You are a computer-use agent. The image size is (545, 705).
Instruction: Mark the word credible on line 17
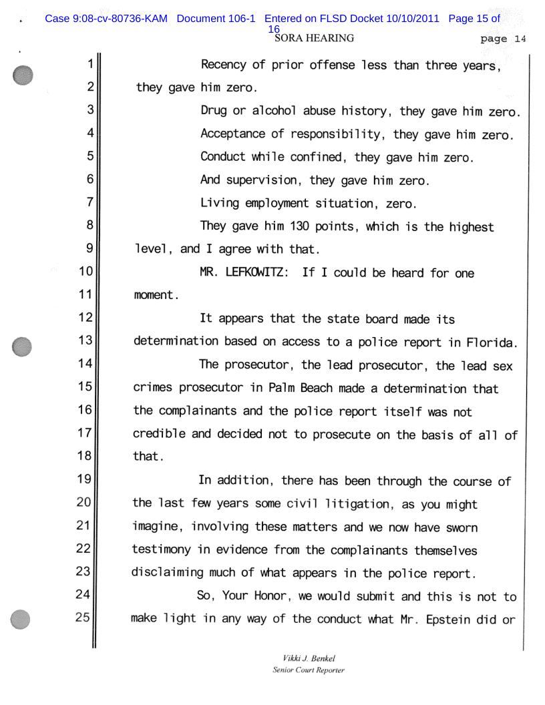[x=159, y=436]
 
